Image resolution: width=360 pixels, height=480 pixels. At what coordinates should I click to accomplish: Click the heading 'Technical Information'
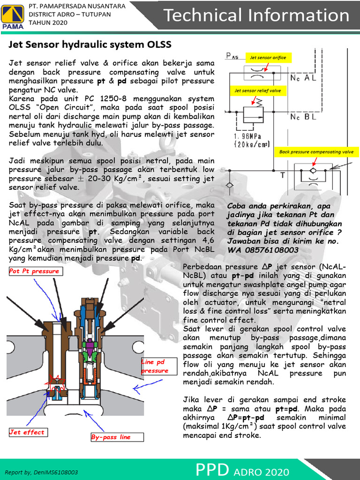click(x=256, y=15)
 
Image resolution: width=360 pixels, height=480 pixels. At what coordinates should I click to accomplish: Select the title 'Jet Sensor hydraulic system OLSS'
click(x=90, y=45)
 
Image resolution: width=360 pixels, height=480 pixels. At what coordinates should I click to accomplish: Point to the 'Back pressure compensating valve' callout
click(x=316, y=152)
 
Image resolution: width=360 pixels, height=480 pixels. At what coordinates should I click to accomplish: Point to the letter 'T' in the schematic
click(x=282, y=175)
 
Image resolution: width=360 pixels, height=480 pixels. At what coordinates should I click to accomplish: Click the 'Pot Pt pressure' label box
click(x=35, y=271)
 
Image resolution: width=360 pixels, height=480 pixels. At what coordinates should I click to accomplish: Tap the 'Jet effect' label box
click(x=27, y=432)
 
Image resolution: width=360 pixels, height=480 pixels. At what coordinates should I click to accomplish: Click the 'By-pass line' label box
click(x=117, y=437)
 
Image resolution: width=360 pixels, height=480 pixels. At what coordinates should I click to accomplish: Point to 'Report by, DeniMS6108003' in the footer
click(x=41, y=472)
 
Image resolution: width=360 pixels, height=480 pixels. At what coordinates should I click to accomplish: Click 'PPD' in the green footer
click(x=212, y=470)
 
